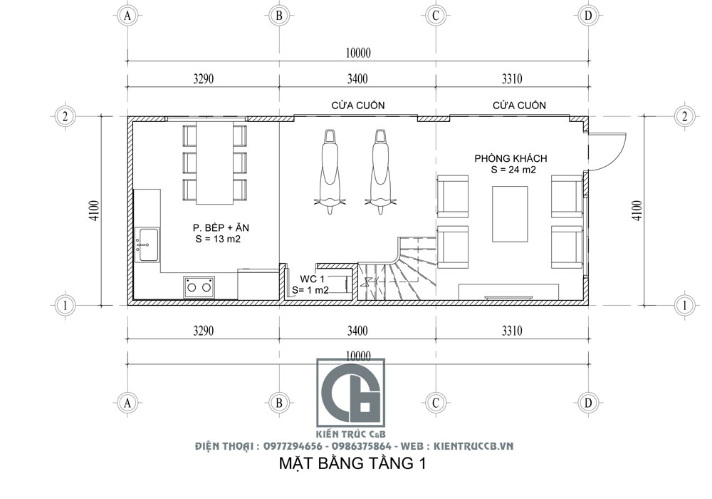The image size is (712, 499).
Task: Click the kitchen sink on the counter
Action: coord(148,245)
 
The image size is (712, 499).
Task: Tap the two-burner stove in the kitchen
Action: coord(199,287)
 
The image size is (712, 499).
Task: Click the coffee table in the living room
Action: coord(510,215)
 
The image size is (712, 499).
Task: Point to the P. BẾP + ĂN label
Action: coord(220,227)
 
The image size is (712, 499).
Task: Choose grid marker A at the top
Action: coord(128,15)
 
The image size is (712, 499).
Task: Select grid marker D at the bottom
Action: coord(587,403)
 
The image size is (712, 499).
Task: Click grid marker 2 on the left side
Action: coord(65,117)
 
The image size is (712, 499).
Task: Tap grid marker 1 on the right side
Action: coord(684,305)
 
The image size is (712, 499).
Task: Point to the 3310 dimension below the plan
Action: coord(511,331)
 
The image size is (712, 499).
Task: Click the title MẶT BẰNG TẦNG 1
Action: coord(351,465)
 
